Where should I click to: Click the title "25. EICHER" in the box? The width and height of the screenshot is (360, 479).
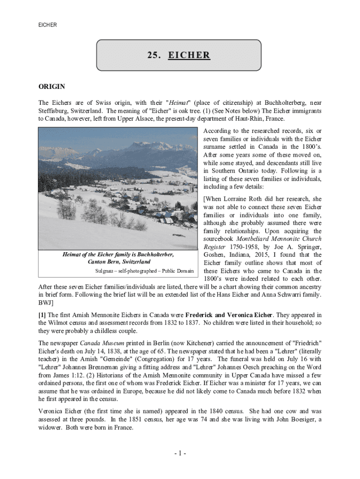[179, 56]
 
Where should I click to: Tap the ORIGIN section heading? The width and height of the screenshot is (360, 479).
[51, 87]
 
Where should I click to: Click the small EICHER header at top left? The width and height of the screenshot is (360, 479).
[47, 25]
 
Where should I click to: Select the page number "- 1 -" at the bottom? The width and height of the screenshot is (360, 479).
[180, 453]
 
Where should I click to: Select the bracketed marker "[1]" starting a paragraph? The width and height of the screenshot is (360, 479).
[42, 315]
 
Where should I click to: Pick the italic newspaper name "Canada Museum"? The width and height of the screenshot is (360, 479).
[106, 343]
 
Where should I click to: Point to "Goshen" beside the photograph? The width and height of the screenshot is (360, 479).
[215, 255]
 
